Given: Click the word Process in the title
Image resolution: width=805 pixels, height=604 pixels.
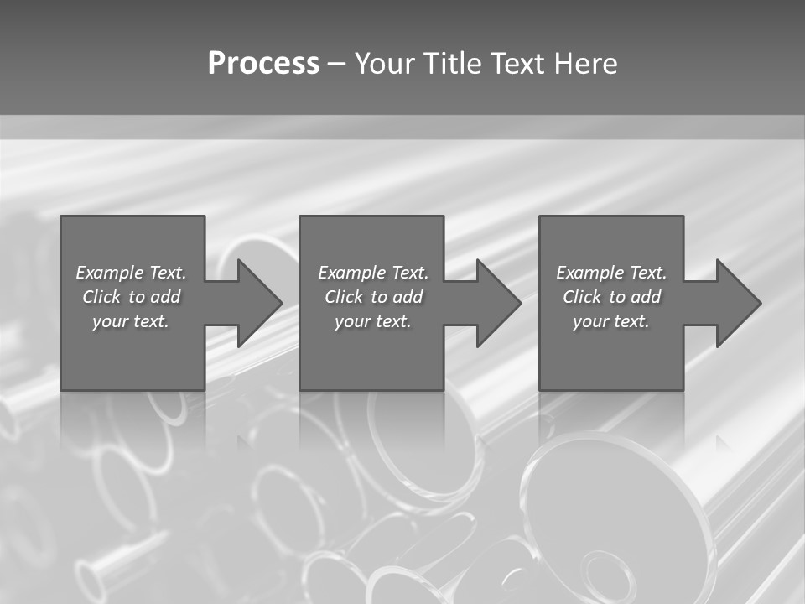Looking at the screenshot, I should [263, 64].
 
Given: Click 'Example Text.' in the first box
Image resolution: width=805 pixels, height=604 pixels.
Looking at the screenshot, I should [131, 273].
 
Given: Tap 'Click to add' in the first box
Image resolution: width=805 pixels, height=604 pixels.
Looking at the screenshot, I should [131, 297].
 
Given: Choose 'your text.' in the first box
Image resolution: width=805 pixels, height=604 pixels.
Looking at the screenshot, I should [131, 321].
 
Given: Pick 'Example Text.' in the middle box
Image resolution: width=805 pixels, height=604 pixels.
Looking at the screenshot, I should [373, 273].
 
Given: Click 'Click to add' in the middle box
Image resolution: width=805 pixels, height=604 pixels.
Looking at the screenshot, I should [373, 297].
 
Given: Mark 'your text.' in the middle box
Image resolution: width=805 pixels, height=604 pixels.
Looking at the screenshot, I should [373, 321].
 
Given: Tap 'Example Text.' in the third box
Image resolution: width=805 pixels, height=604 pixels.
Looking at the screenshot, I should [611, 273].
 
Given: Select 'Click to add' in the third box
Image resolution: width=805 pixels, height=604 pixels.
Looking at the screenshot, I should [611, 297].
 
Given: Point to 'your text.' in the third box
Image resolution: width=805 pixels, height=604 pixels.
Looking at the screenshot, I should [611, 321].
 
